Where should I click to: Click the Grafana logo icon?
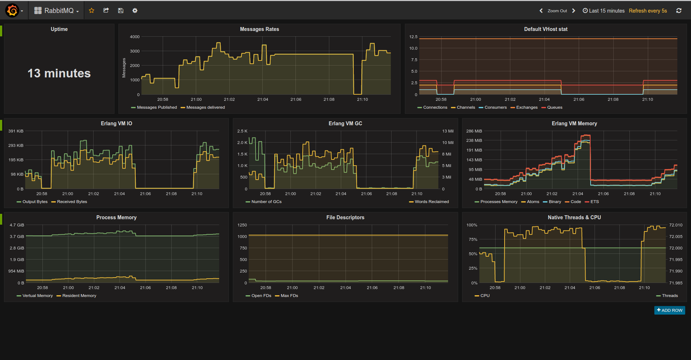tap(12, 10)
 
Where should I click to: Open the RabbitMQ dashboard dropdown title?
tap(57, 11)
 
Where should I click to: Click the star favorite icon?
tap(91, 10)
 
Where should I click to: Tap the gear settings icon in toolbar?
tap(135, 10)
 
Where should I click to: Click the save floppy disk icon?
tap(121, 10)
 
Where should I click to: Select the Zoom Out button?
tap(557, 11)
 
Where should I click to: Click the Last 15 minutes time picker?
tap(604, 11)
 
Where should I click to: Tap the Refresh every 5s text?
tap(648, 11)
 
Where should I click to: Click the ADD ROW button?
tap(669, 310)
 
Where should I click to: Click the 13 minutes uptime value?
tap(59, 73)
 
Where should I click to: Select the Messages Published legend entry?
tap(157, 107)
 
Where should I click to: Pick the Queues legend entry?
tap(554, 107)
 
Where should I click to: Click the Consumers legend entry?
tap(495, 107)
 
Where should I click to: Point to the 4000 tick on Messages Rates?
tap(135, 37)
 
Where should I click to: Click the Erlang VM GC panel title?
tap(345, 123)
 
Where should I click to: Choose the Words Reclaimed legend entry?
tap(432, 202)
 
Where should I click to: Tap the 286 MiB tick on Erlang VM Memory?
tap(474, 131)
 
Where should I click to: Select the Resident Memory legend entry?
tap(79, 296)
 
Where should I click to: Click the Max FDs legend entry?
tap(289, 296)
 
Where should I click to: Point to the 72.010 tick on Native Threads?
tap(676, 225)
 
